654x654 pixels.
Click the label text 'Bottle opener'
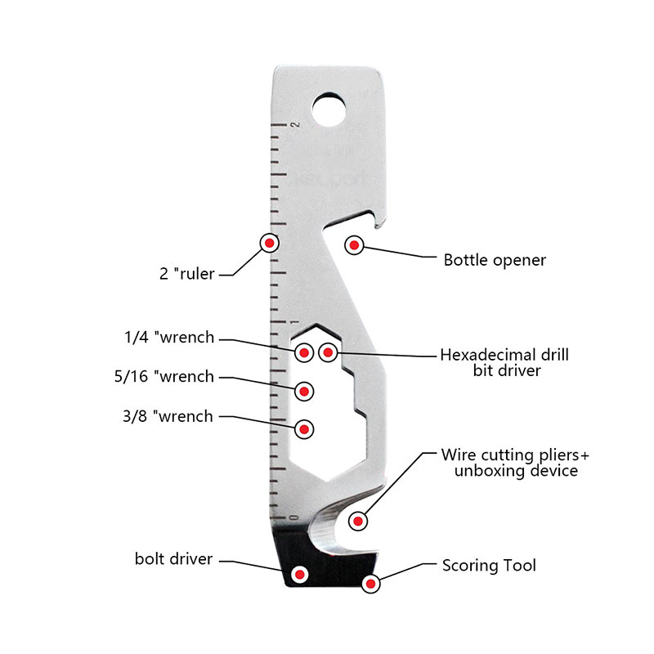coord(495,261)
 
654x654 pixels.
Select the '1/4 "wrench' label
coord(169,337)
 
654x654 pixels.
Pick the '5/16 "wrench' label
coord(165,377)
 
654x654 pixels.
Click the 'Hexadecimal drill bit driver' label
coord(504,362)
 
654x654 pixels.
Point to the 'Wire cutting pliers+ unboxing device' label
coord(509,462)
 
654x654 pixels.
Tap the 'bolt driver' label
coord(173,559)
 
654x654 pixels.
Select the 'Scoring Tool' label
coord(489,565)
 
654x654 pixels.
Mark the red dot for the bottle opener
coord(355,244)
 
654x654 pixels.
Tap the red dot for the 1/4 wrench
coord(304,352)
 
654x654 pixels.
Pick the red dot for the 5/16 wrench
coord(304,391)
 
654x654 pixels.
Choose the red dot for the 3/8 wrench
coord(304,428)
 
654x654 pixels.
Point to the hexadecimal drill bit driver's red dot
coord(328,352)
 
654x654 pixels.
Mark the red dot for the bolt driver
coord(300,575)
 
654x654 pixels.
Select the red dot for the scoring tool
coord(371,583)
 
